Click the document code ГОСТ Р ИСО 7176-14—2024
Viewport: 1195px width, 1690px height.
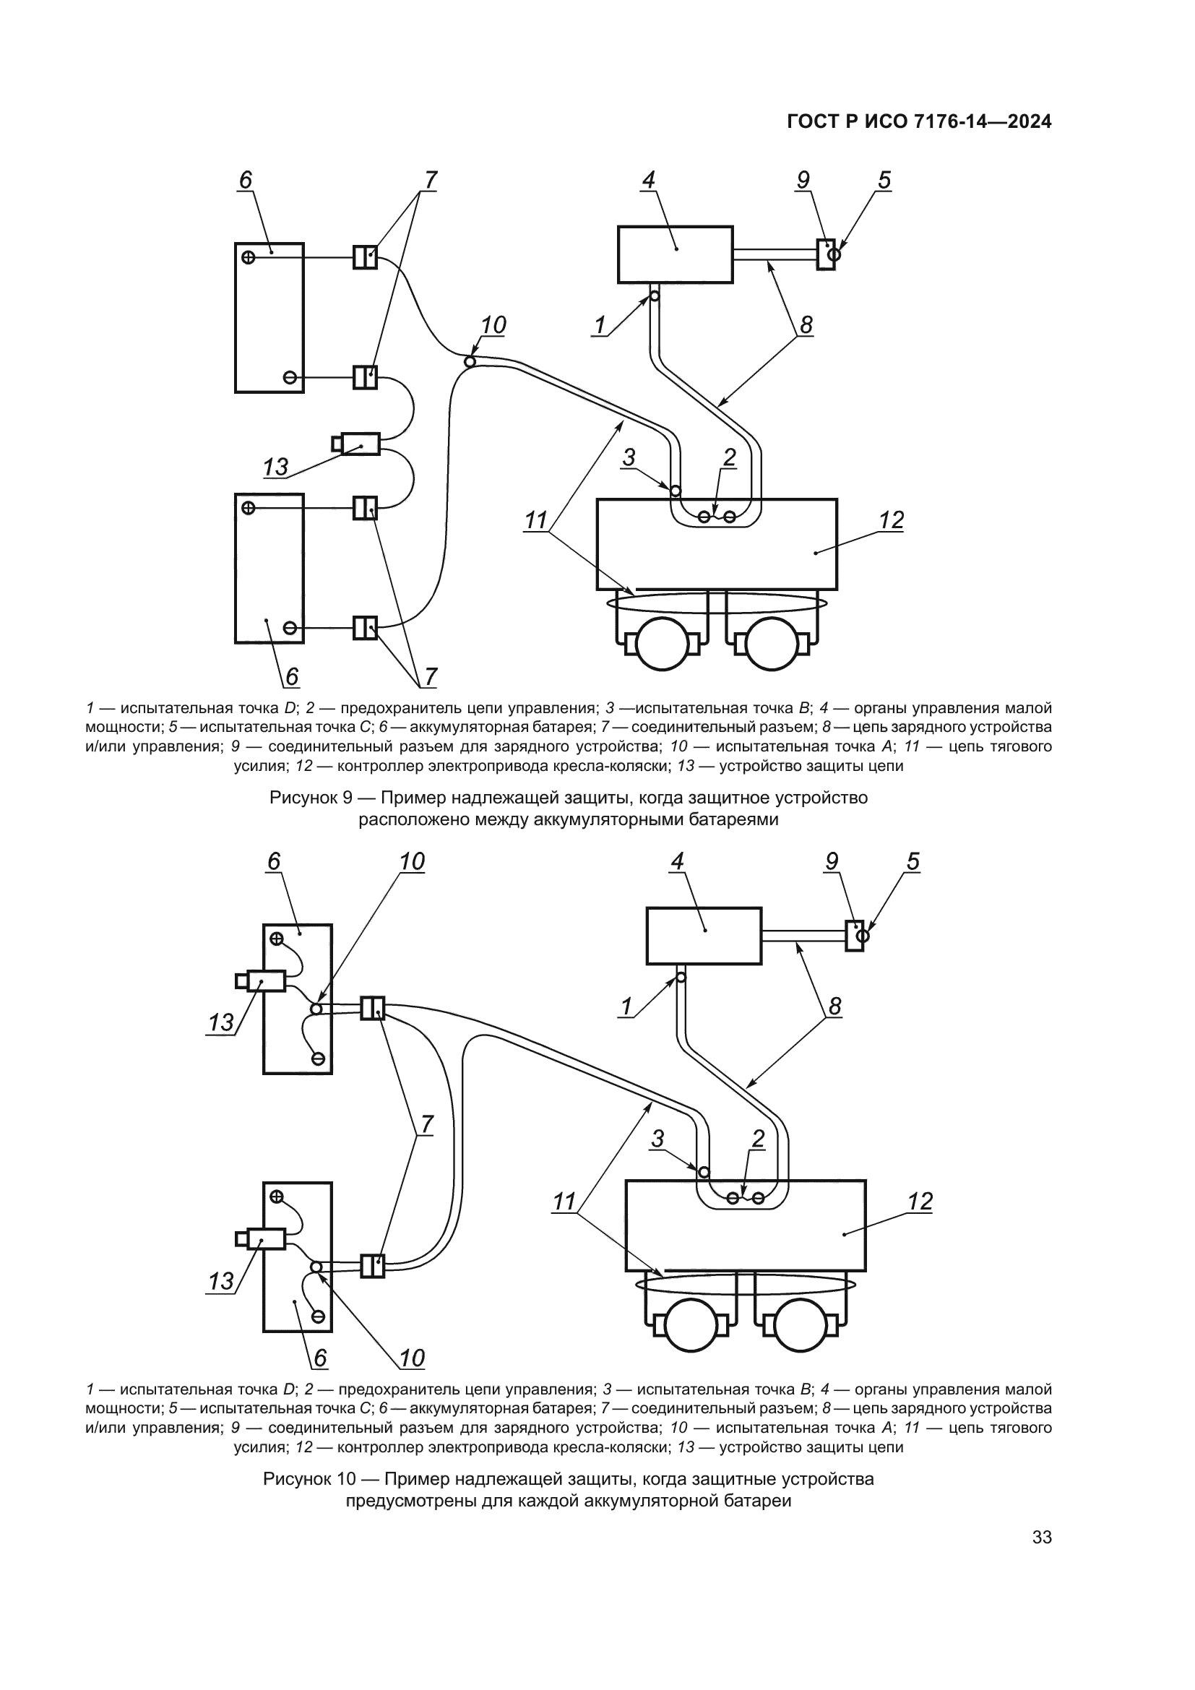click(919, 122)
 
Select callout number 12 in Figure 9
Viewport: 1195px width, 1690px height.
click(891, 520)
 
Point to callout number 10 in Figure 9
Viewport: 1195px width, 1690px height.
click(493, 325)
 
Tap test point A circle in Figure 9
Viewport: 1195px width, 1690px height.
click(470, 361)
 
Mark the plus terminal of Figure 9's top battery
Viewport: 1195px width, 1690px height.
click(249, 257)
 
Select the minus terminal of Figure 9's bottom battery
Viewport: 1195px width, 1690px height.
click(290, 628)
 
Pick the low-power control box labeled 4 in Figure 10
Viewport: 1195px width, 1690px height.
click(704, 936)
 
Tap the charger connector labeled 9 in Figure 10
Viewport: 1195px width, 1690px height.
click(853, 936)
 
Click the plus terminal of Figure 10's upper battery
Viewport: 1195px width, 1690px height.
click(277, 939)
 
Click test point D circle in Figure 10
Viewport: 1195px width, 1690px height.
click(681, 978)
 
